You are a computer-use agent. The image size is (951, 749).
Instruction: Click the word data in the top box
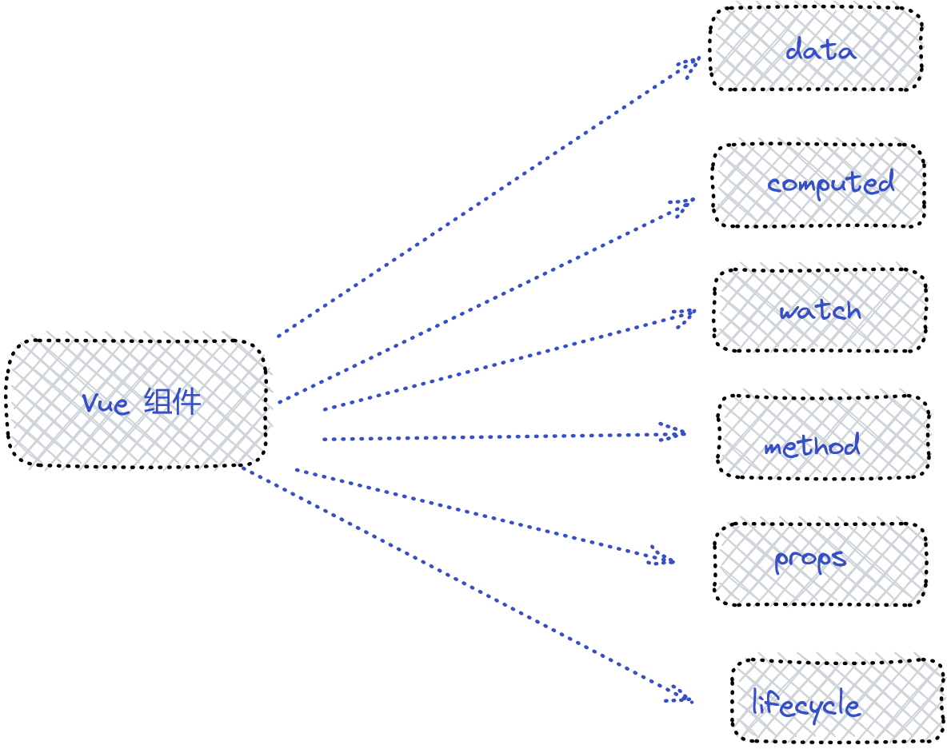[821, 49]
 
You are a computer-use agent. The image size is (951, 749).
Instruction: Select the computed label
[830, 183]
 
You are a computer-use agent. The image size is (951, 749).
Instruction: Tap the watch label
[820, 310]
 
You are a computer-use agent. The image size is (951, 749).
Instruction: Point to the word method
[812, 445]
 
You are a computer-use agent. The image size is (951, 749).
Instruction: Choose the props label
[809, 560]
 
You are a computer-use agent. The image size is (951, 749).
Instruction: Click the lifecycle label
[805, 705]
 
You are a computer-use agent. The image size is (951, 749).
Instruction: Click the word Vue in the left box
[106, 404]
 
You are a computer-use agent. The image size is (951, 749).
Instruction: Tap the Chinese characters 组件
[172, 402]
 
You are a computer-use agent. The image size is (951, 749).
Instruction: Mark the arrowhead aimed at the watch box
[684, 317]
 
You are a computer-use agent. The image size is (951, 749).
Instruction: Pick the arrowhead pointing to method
[672, 432]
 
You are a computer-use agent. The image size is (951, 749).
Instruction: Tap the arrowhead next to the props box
[661, 556]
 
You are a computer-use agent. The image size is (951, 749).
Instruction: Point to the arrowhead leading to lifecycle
[679, 695]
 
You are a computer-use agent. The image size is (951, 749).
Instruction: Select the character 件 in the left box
[187, 402]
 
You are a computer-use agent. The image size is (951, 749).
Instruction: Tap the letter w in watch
[789, 313]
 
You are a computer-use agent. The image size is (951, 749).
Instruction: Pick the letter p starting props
[781, 563]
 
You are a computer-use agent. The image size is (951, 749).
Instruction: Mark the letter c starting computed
[773, 185]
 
